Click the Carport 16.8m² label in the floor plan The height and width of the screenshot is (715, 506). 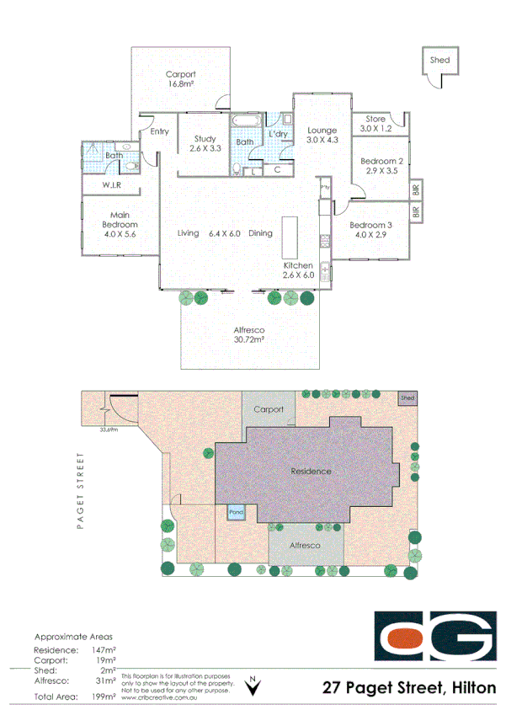[x=180, y=79]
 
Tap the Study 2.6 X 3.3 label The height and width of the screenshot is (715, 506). [x=205, y=144]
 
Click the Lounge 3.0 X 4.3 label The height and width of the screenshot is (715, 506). [x=322, y=136]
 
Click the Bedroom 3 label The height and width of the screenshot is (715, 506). [x=370, y=225]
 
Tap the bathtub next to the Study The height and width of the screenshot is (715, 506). [x=245, y=123]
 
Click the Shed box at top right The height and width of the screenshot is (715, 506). [x=439, y=61]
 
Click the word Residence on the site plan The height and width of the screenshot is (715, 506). [x=310, y=471]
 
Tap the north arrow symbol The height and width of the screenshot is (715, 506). [x=252, y=686]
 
